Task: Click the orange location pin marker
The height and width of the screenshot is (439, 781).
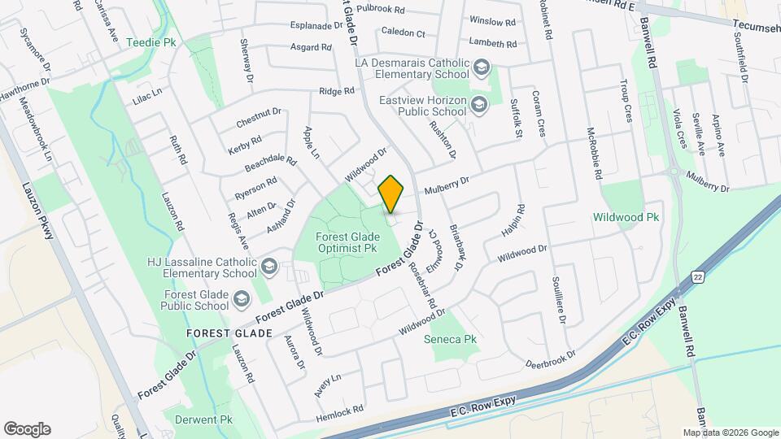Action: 390,193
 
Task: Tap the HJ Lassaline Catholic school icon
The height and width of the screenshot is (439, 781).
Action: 268,267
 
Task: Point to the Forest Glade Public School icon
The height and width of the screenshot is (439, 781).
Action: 240,300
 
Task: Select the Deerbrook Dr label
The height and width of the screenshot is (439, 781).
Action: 549,361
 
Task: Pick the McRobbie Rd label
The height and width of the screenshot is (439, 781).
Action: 594,153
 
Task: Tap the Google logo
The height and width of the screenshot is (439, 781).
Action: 27,428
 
